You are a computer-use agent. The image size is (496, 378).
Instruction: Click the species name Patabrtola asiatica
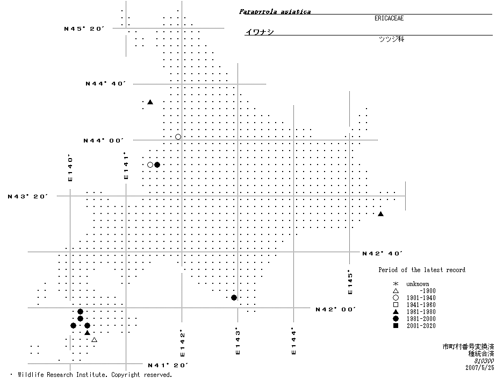click(275, 11)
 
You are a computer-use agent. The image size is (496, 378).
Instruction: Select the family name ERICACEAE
click(389, 18)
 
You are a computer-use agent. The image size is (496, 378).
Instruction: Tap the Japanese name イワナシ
click(260, 32)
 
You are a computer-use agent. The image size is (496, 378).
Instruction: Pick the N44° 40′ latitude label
click(105, 83)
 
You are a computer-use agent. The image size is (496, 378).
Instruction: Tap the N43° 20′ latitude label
click(28, 196)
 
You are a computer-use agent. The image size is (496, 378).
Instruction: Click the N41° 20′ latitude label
click(168, 365)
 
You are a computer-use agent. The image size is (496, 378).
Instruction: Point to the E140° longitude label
click(70, 168)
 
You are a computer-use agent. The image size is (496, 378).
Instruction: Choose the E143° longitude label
click(237, 343)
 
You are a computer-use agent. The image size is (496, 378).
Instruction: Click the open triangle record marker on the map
click(94, 340)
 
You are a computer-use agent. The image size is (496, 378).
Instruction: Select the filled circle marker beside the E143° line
click(234, 297)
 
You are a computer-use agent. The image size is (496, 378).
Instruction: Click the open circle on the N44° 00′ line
click(178, 137)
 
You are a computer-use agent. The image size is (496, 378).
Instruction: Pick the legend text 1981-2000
click(421, 319)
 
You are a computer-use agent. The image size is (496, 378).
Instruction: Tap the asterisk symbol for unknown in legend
click(395, 284)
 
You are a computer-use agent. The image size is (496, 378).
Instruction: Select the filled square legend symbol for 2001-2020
click(395, 326)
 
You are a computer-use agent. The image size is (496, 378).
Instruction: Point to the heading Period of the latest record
click(422, 270)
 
